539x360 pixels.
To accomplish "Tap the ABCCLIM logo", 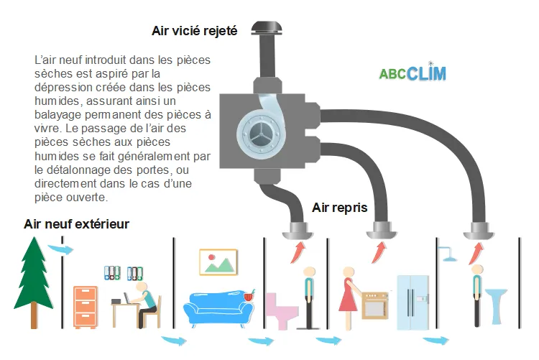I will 413,73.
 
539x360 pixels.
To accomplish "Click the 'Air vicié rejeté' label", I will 194,30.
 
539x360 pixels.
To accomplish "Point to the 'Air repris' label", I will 340,208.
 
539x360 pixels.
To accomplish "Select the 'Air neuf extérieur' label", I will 76,224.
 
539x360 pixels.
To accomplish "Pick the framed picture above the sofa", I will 218,261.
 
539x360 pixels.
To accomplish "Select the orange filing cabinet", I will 85,306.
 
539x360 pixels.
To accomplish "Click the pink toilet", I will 281,309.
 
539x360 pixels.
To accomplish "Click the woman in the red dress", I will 349,295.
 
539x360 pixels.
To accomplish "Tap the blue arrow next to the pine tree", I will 60,249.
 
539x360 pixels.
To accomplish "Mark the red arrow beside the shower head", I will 475,253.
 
